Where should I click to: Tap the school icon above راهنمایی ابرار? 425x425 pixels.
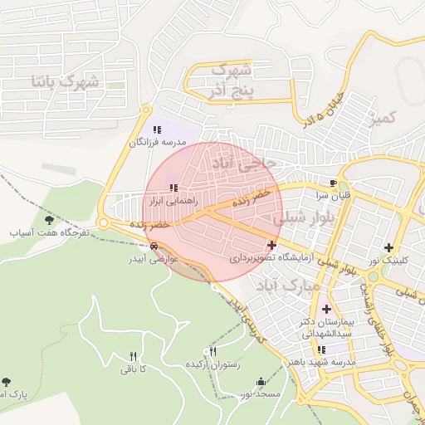(173, 188)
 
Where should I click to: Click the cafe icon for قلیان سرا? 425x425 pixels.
(334, 183)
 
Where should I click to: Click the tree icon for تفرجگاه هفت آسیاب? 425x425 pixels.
(48, 220)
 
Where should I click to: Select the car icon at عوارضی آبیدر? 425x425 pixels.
(154, 246)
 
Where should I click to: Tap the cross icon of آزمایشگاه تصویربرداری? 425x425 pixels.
(271, 245)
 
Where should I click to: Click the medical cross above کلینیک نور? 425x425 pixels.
(388, 247)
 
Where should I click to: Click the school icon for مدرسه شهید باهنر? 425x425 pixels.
(321, 349)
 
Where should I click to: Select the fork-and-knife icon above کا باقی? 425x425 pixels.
(132, 356)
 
